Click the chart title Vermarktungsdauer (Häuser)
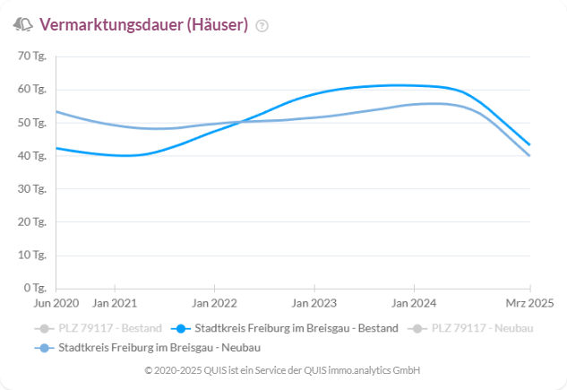(144, 25)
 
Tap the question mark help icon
(262, 26)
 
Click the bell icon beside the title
(23, 24)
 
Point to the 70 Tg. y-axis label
(33, 56)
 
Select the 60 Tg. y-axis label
(33, 89)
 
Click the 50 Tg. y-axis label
(33, 122)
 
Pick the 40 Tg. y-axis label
(33, 155)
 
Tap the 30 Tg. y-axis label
(33, 188)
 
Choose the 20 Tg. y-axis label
(33, 221)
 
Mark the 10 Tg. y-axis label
(33, 255)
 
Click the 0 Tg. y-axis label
(36, 288)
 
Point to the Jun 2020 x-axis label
(56, 303)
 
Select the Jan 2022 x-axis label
(214, 303)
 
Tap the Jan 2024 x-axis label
(413, 303)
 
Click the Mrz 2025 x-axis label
(530, 303)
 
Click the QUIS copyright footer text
(282, 370)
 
